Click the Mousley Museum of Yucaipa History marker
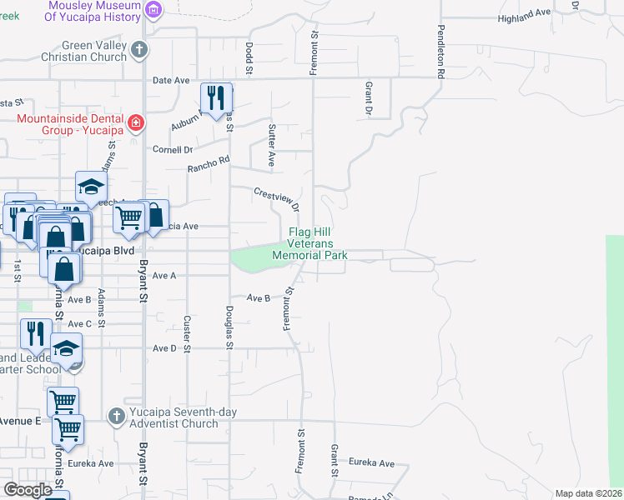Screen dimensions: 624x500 tap(153, 9)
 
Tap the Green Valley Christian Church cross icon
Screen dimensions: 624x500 tap(140, 49)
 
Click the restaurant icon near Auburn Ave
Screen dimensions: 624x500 tap(215, 98)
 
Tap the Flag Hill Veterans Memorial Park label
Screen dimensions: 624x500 tap(309, 243)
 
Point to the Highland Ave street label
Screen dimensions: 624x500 tap(525, 17)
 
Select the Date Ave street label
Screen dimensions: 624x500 tap(171, 80)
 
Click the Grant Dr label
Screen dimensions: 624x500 tap(367, 98)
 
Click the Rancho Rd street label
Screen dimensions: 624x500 tap(208, 164)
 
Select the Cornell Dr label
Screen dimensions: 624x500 tap(172, 150)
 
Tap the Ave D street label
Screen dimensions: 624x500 tap(163, 348)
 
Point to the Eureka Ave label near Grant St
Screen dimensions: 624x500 tap(371, 462)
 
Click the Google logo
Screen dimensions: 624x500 tap(28, 490)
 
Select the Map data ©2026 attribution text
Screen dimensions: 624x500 tap(588, 493)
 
